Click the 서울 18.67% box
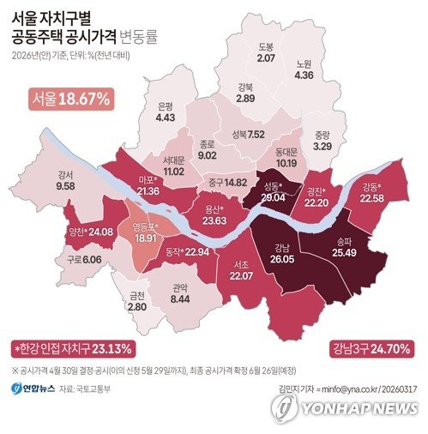[x=71, y=99]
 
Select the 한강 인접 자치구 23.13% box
[x=73, y=349]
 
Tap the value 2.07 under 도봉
[x=265, y=57]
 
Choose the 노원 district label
[x=304, y=63]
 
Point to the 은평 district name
[x=166, y=105]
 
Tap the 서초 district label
[x=241, y=264]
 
